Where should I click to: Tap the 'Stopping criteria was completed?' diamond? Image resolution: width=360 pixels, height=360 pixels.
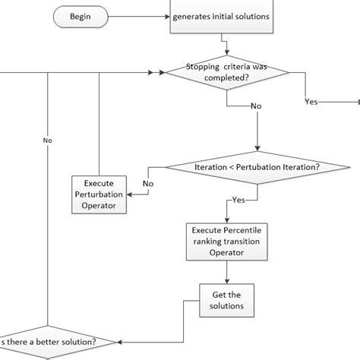tap(227, 73)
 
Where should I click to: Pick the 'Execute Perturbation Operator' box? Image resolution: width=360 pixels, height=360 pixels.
tap(99, 194)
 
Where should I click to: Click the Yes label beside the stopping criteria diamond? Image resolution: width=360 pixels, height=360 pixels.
tap(311, 101)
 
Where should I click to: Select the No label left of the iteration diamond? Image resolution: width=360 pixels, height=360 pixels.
tap(148, 183)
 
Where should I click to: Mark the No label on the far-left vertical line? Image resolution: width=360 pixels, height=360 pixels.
tap(48, 140)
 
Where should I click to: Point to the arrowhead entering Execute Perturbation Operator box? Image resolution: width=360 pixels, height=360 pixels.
tap(130, 194)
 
